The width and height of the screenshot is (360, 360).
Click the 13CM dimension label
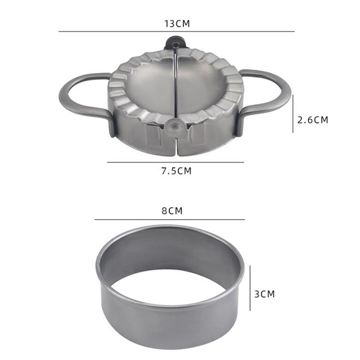point(177,24)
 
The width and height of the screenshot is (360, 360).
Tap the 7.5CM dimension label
point(176,171)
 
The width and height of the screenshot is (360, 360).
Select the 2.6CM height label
point(313,120)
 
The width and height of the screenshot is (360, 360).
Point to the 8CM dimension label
point(172,211)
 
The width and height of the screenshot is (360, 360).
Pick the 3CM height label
point(265,294)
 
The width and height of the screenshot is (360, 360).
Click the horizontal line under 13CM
point(176,31)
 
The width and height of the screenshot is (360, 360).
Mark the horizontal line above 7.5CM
point(175,162)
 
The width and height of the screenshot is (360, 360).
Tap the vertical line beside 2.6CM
point(293,114)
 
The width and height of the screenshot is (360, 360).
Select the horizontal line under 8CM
point(170,220)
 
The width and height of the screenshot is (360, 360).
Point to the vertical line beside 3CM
point(250,288)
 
